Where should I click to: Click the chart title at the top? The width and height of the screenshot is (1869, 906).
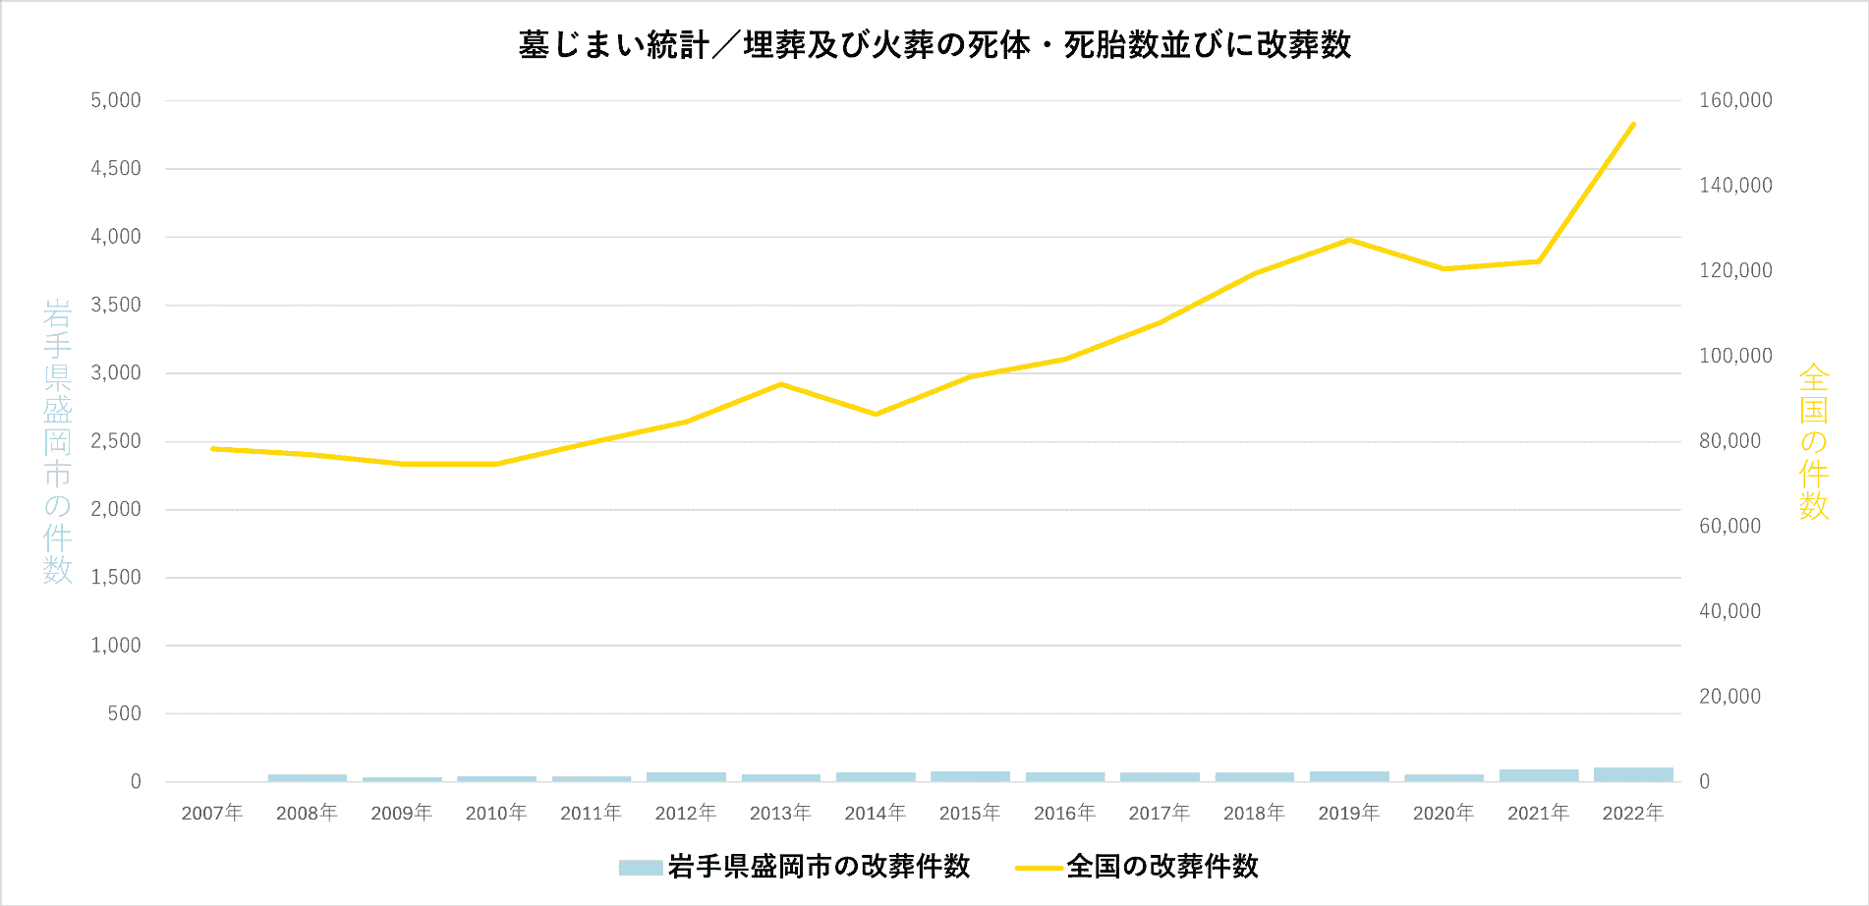(934, 45)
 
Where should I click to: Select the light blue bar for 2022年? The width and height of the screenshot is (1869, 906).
(1633, 774)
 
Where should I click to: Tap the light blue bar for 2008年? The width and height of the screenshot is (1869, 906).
(308, 778)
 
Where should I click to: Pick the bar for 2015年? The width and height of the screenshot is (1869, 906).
(970, 776)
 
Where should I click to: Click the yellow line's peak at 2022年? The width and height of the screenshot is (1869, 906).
(1633, 124)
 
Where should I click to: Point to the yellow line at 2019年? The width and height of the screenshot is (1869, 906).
(1349, 240)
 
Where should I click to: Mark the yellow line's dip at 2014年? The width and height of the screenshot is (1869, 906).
(876, 414)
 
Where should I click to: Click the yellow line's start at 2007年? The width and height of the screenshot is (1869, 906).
(212, 449)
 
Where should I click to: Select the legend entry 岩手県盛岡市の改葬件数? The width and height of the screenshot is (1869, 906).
(794, 867)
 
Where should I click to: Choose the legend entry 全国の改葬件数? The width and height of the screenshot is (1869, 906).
(1138, 867)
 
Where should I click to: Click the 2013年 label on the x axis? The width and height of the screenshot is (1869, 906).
(780, 813)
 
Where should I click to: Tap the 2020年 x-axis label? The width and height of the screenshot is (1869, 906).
(1444, 813)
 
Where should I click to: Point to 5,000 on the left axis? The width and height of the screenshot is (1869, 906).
(116, 100)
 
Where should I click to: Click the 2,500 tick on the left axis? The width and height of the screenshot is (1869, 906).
(116, 441)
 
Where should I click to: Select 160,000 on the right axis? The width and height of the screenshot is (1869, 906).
(1735, 100)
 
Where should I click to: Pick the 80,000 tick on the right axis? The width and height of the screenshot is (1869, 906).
(1730, 441)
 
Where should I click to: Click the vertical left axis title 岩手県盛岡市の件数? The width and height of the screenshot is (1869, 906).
(58, 441)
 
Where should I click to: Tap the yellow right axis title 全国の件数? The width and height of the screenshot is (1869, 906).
(1813, 441)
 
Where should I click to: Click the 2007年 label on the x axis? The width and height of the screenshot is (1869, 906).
(212, 813)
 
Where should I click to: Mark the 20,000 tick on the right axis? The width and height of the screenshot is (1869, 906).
(1730, 697)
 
